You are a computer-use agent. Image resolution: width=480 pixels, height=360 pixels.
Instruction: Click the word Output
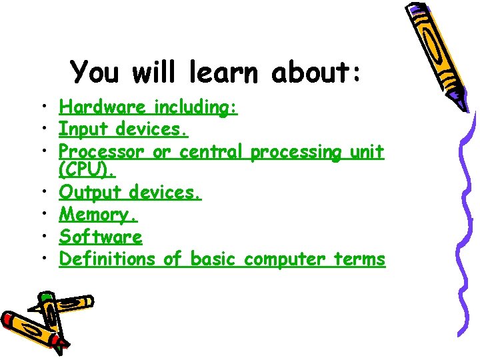91,193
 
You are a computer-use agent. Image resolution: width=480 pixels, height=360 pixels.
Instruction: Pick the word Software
101,237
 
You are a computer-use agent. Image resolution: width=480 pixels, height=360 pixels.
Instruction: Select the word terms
361,259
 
